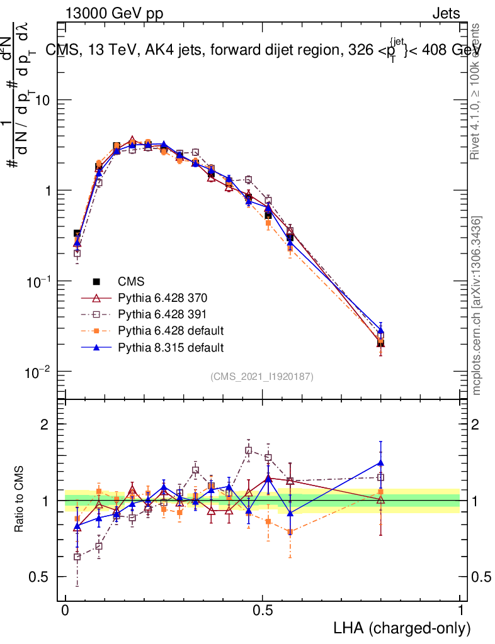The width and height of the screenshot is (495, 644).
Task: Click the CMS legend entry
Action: [130, 282]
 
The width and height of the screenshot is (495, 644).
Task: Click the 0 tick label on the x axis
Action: [65, 611]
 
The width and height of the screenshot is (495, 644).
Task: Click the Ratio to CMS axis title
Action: [20, 501]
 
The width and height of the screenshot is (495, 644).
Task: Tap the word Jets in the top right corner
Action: [445, 13]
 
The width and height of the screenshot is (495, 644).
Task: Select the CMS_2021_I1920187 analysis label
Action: [262, 376]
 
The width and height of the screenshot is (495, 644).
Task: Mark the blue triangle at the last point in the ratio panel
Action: [380, 463]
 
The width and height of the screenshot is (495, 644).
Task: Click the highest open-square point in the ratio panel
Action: [249, 450]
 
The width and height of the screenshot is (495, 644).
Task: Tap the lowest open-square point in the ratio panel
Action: [77, 557]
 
